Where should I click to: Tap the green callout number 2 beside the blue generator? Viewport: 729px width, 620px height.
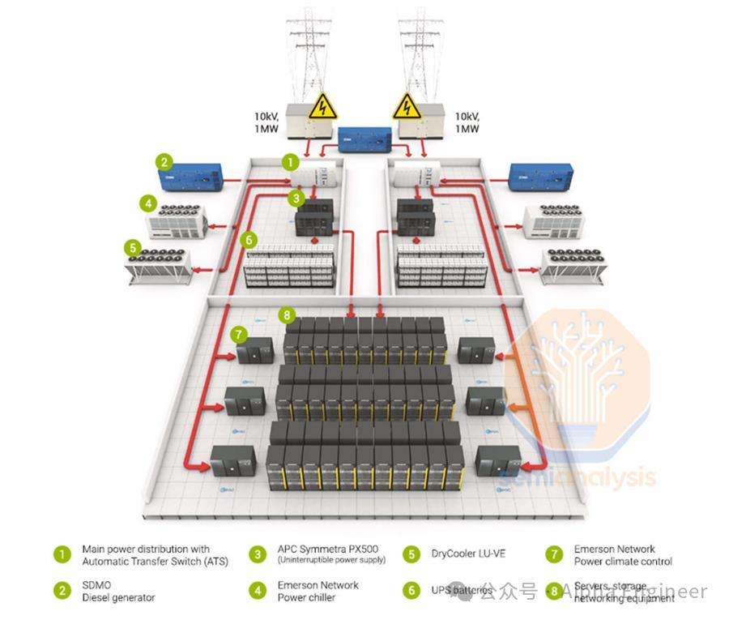click(164, 162)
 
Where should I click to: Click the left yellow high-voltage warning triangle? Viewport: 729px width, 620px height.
click(323, 106)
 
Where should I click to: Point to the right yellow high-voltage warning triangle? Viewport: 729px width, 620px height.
click(407, 106)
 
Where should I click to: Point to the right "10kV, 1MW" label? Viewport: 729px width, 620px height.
click(467, 122)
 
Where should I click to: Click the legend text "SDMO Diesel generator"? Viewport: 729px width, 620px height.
click(118, 591)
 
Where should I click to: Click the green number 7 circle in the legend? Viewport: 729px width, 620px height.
click(554, 555)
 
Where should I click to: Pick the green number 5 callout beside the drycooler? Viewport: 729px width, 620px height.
click(131, 246)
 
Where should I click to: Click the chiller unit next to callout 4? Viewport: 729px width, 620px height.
click(176, 220)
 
